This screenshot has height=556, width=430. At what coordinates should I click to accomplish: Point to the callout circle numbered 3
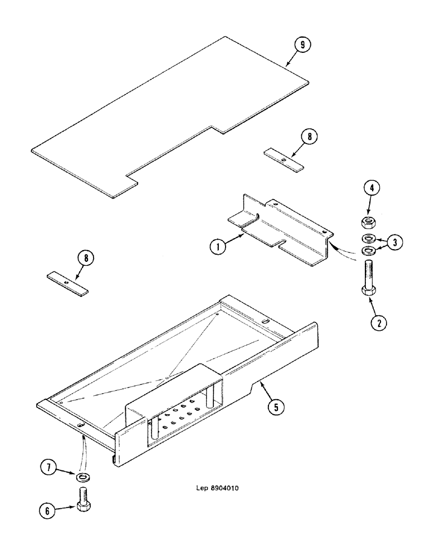(395, 242)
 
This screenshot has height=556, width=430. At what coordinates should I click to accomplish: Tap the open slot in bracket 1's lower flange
(282, 242)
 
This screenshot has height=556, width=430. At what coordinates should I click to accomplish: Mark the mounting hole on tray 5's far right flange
(265, 320)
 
